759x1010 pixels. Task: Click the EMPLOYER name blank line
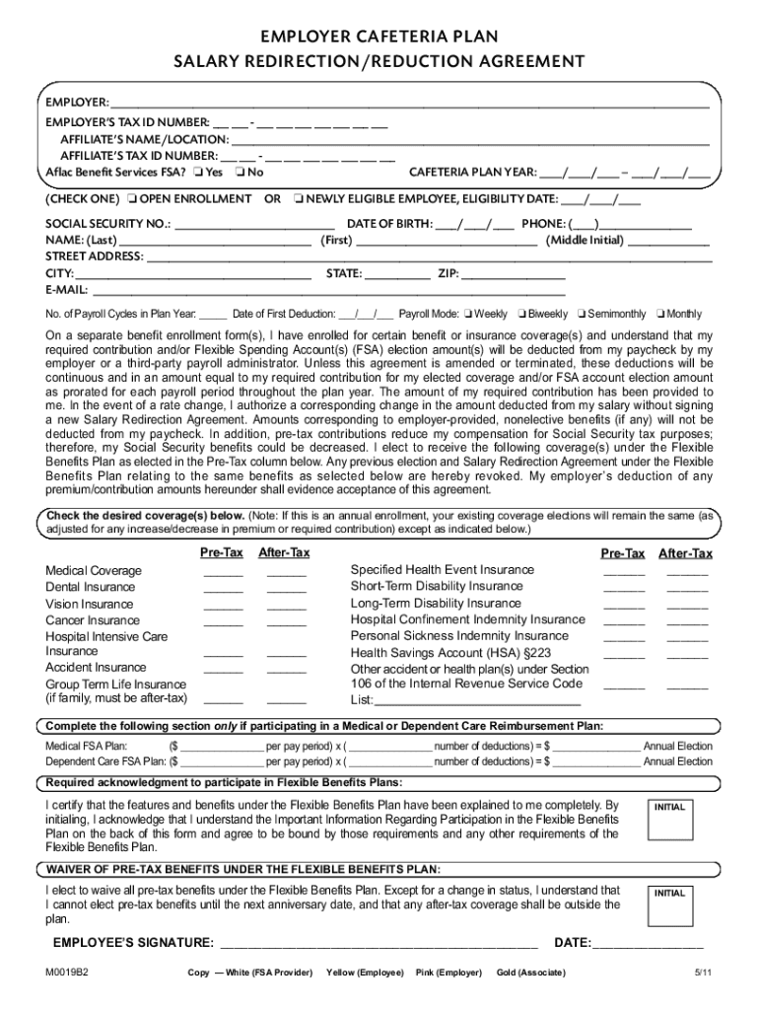point(409,103)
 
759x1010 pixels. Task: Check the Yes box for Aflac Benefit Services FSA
point(199,173)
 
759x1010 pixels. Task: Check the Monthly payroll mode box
point(659,315)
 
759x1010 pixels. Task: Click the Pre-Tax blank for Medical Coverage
point(223,572)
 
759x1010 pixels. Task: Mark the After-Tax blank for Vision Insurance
point(287,606)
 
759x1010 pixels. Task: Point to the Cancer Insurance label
point(93,620)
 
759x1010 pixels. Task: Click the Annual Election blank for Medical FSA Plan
point(596,747)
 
